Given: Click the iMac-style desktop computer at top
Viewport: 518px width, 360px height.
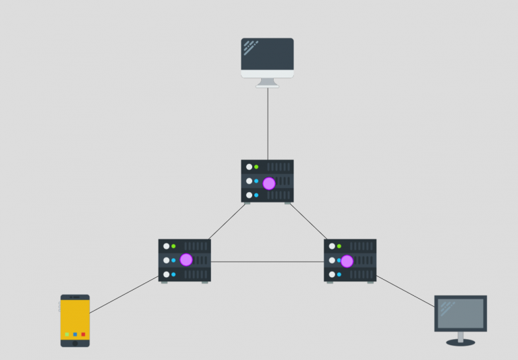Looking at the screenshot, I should click(x=267, y=57).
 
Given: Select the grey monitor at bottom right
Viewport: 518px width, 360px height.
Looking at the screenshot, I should click(x=461, y=313).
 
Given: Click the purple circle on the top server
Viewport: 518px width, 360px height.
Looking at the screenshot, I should click(x=269, y=183).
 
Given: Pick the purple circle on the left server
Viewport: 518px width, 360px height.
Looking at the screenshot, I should click(x=186, y=260).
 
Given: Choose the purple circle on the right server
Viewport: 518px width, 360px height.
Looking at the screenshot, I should click(x=347, y=261).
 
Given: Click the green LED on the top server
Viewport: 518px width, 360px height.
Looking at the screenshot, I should click(x=256, y=167).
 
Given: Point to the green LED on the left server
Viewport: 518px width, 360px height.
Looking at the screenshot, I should click(x=173, y=246).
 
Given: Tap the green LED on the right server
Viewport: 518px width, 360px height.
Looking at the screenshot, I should click(x=339, y=246).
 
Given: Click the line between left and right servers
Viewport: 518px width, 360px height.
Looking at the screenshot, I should click(x=267, y=262).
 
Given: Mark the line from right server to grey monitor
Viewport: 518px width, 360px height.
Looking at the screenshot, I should click(x=405, y=291).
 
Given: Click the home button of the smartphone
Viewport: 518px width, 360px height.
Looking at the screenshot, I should click(x=75, y=342).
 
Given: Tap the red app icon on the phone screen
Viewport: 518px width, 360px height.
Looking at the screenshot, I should click(x=83, y=334).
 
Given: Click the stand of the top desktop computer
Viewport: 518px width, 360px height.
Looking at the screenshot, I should click(x=268, y=82).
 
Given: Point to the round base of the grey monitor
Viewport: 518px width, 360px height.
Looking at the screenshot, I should click(x=461, y=342).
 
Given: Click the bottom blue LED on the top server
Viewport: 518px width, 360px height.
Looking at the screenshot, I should click(x=256, y=195).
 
